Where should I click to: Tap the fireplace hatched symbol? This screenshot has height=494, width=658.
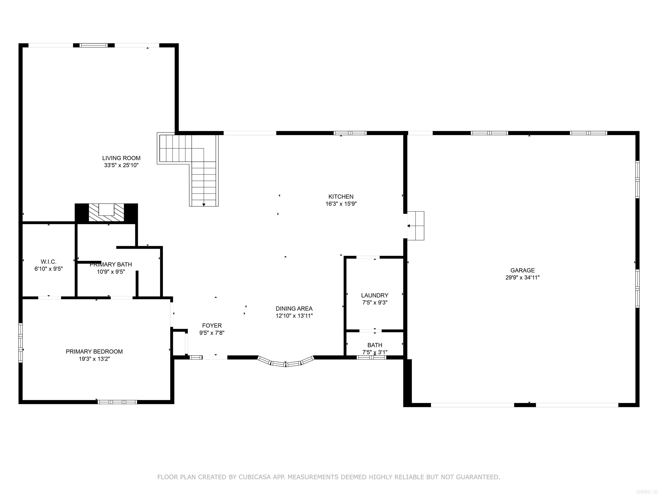click(106, 213)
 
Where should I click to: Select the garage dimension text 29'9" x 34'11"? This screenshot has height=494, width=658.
click(522, 277)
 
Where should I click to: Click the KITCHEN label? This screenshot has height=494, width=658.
click(341, 197)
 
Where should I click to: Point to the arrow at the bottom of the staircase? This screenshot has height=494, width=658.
click(204, 205)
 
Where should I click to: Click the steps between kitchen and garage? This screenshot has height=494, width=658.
click(416, 226)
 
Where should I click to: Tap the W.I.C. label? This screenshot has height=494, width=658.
click(48, 262)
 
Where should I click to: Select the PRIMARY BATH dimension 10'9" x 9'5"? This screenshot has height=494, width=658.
click(111, 272)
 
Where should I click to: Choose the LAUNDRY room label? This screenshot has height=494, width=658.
click(374, 295)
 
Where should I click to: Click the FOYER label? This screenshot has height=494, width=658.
click(212, 325)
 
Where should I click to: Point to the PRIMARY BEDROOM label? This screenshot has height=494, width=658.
click(94, 351)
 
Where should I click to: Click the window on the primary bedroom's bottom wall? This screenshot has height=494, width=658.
click(117, 402)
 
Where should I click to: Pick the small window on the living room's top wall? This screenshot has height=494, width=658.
click(94, 45)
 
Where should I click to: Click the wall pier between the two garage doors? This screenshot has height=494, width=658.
click(525, 405)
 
